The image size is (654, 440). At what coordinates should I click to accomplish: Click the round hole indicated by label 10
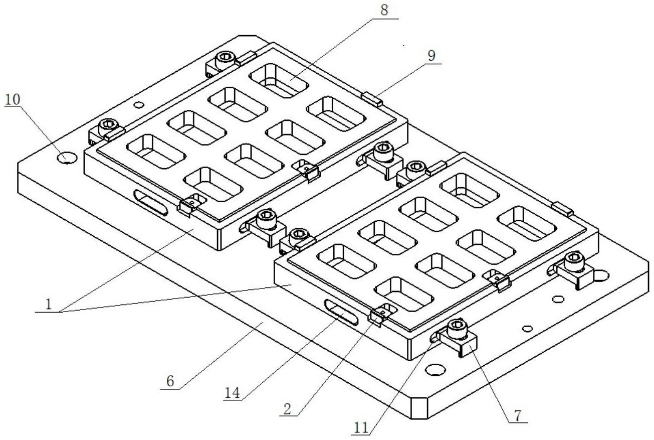coord(67,158)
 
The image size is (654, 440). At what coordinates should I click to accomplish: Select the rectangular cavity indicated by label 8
coord(278,80)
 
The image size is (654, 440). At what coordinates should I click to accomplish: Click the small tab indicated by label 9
coord(372,98)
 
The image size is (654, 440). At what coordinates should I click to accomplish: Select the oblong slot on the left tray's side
coord(150,202)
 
